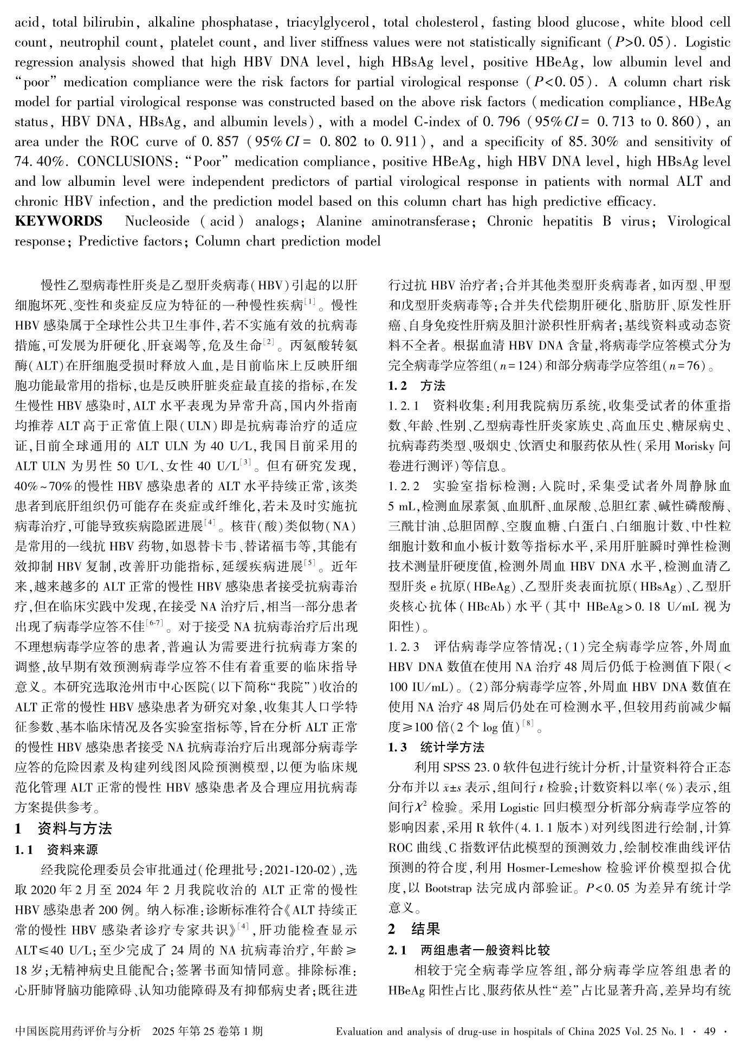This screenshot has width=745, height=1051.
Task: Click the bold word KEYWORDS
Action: pos(58,222)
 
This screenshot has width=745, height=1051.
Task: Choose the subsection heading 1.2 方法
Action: pos(417,386)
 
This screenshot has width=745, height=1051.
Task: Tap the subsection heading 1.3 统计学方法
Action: pos(437,748)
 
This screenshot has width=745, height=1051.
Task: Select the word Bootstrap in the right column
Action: pos(448,889)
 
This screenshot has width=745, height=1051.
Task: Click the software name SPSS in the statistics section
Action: pos(458,768)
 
